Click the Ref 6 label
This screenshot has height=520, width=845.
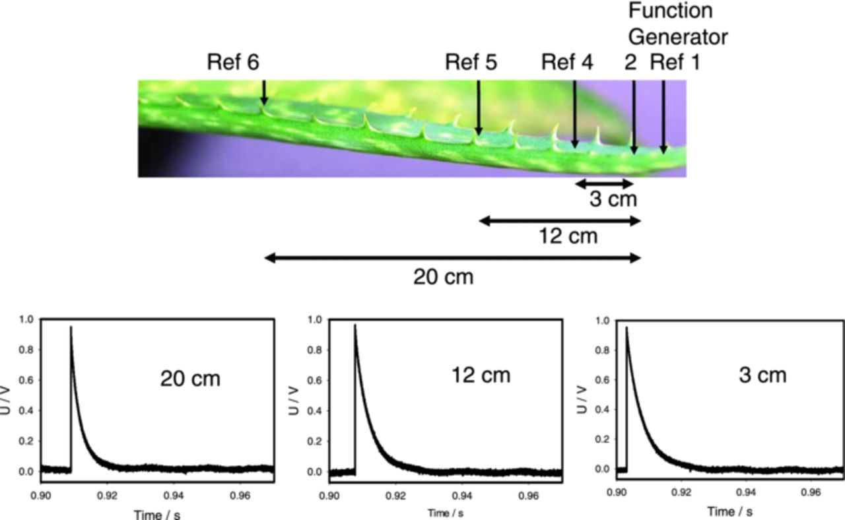(233, 63)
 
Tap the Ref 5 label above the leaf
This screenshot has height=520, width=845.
(471, 63)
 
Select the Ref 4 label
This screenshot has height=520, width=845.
(567, 63)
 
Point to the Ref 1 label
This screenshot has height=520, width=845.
(675, 63)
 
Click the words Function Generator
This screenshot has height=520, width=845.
(677, 24)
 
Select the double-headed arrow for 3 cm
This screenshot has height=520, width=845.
(604, 183)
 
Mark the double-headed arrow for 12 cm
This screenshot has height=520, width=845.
(560, 221)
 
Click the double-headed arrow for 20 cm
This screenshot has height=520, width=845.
(452, 258)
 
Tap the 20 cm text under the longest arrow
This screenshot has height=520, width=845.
(444, 277)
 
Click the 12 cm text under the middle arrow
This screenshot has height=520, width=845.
(568, 236)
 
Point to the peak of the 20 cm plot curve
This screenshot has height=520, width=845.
(71, 327)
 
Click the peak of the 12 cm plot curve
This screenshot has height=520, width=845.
(355, 325)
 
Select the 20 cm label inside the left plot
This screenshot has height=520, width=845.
(190, 379)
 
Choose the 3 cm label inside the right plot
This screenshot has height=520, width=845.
(762, 375)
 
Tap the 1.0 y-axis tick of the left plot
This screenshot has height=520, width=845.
(26, 320)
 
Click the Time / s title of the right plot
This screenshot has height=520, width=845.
(729, 511)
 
